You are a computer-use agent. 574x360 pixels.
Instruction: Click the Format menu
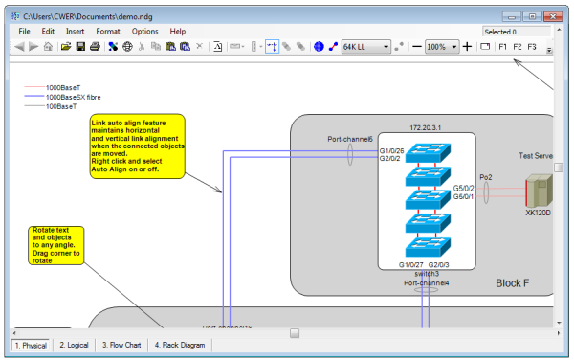107,32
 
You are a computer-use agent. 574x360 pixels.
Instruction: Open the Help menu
178,32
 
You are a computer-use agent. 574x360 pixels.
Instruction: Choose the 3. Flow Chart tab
122,344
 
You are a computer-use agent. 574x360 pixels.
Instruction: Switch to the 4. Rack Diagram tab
178,344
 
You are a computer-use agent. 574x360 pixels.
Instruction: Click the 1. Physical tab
30,344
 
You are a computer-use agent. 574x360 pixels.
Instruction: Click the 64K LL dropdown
365,46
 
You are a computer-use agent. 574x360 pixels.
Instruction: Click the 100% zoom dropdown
441,46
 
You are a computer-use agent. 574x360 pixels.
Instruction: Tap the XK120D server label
539,213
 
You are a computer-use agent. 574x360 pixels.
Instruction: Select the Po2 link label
485,177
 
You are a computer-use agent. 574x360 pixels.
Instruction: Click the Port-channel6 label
349,139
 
